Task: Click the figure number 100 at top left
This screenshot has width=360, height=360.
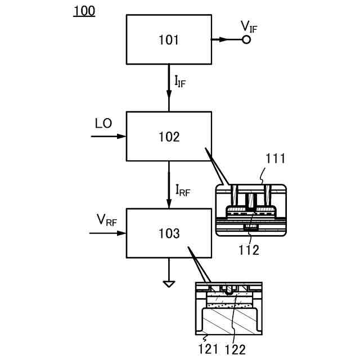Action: (84, 11)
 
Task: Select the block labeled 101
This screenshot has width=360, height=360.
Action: (169, 39)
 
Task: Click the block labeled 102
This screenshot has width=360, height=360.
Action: (169, 136)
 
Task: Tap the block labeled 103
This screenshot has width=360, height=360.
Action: (169, 233)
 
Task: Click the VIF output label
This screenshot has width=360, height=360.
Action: (249, 26)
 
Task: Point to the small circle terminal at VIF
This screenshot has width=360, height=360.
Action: (246, 39)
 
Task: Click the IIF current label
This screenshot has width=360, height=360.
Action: (180, 82)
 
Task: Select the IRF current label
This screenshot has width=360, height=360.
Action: (182, 190)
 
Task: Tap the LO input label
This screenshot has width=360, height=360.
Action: (103, 124)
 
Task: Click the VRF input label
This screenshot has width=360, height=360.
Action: (106, 220)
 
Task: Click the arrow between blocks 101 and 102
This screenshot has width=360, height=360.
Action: (169, 88)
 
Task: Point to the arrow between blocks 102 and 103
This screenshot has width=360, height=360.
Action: (169, 184)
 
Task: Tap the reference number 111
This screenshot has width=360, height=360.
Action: (276, 159)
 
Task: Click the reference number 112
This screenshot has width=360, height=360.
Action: (248, 250)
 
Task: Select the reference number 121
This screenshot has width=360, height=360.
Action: (209, 349)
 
